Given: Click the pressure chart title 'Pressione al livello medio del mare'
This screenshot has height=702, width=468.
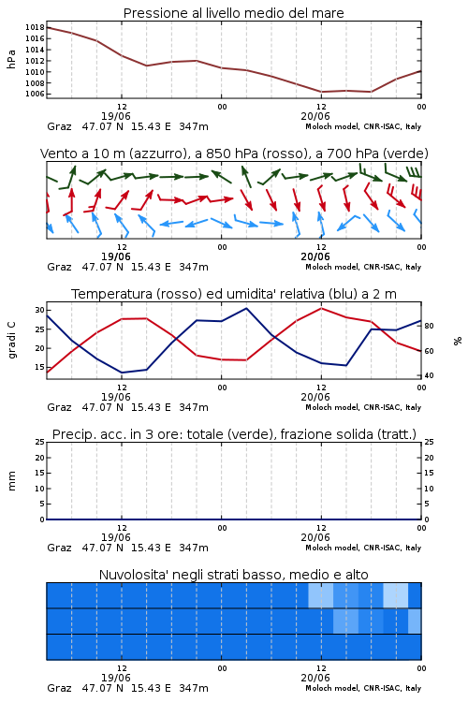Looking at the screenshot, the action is point(233,13).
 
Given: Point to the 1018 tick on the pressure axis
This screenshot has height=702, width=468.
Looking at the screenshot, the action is point(35,27).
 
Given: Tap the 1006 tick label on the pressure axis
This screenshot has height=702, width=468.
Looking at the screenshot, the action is point(35,94).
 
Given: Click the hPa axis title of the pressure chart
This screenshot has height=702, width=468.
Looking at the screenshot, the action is point(11,59).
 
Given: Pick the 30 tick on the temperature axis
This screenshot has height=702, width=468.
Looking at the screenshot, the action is point(40,310).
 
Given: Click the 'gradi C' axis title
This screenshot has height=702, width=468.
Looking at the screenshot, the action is point(12,340).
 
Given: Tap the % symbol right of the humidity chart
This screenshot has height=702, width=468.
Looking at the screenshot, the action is point(458,341).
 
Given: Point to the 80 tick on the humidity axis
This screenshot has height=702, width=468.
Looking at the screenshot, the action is point(429,326).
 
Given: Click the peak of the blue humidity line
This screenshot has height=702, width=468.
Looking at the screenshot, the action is point(246,308).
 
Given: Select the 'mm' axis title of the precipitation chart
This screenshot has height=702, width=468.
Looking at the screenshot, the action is point(11,481).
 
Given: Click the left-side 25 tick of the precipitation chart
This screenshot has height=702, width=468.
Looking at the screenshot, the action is point(40,442).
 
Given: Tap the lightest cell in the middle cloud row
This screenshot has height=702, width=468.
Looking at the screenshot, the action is point(415,621).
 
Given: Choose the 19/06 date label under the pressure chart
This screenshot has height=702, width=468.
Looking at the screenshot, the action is point(116,116).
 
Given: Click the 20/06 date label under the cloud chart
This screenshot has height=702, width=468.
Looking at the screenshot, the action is point(315,678).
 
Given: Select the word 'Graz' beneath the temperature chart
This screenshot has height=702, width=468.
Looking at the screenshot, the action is point(59,407).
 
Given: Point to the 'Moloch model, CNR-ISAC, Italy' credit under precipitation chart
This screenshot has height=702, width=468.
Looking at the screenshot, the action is point(363,548).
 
